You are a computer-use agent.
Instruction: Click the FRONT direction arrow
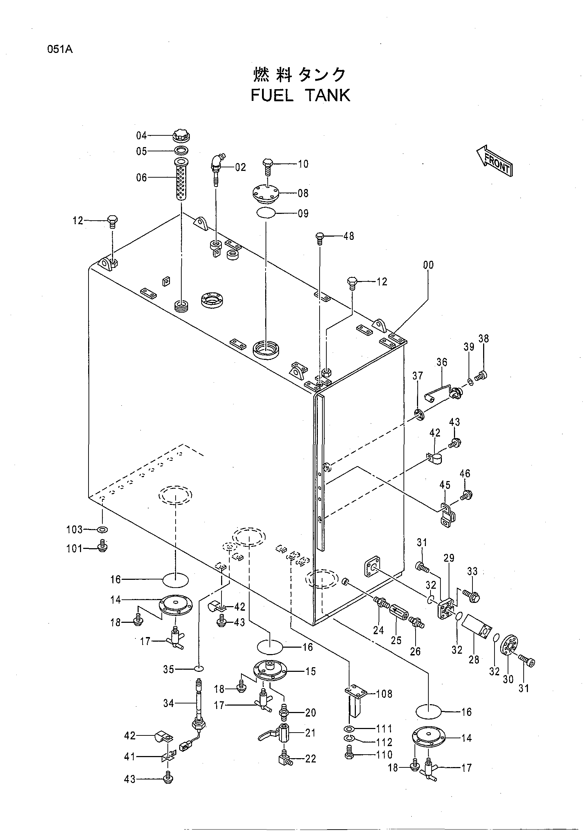click(x=495, y=161)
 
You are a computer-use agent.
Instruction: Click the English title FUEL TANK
click(x=300, y=96)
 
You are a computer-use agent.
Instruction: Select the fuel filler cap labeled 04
click(x=181, y=136)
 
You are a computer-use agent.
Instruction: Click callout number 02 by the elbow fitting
click(x=240, y=167)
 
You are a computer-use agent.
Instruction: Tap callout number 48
click(x=348, y=236)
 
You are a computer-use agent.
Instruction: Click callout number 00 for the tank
click(x=428, y=265)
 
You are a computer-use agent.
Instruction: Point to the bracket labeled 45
click(x=448, y=515)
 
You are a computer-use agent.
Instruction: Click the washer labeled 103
click(x=103, y=530)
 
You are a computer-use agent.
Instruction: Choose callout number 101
click(x=75, y=549)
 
